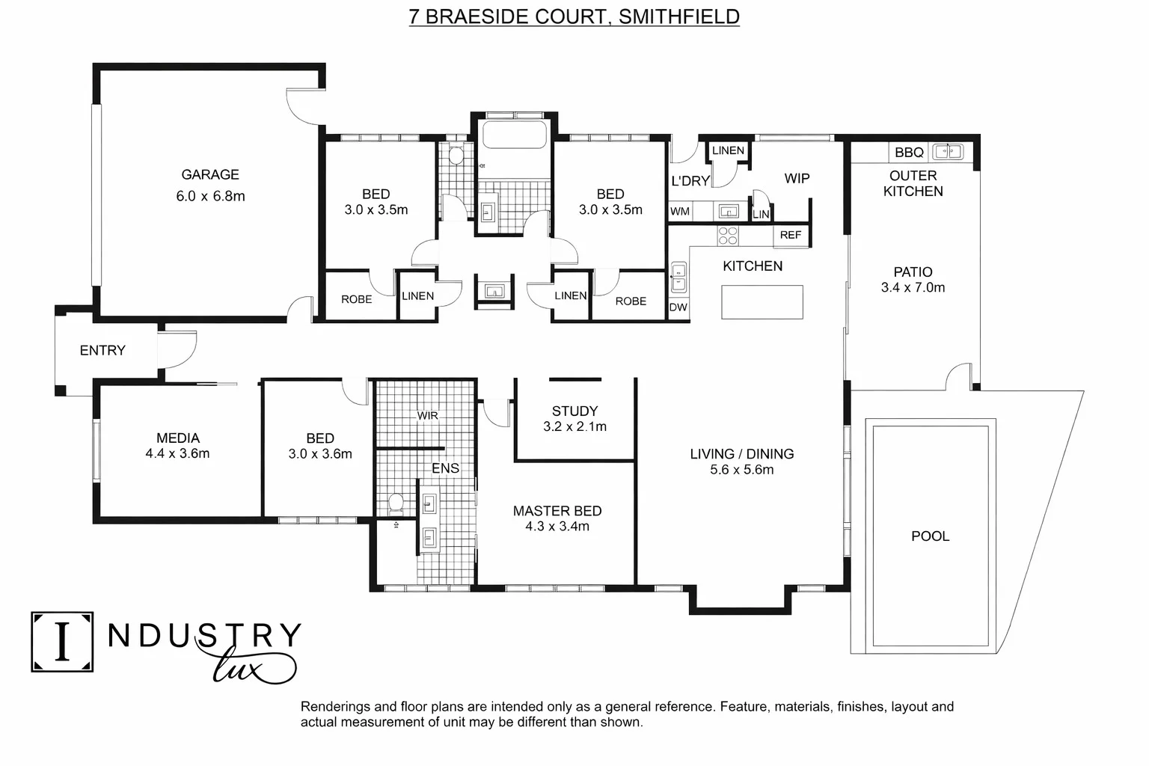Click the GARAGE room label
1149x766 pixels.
[210, 174]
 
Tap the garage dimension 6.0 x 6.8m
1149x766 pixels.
[210, 196]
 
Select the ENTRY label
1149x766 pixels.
[102, 350]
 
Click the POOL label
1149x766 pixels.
[930, 536]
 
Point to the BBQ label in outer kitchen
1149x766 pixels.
[909, 152]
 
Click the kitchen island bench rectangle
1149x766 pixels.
[762, 302]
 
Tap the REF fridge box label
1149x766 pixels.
[790, 235]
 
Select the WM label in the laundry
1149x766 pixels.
[679, 212]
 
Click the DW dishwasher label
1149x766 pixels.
[678, 307]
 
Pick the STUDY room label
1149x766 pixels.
[574, 411]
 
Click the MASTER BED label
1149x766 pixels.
[557, 511]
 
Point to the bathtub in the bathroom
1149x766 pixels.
[515, 135]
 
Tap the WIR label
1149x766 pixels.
[427, 415]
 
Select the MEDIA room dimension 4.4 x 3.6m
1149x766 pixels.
[177, 453]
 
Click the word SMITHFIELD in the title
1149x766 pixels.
[678, 16]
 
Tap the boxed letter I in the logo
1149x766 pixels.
[62, 642]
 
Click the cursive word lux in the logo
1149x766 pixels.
[247, 666]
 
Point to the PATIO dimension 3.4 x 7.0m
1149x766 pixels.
[913, 287]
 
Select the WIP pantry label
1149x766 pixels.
[796, 178]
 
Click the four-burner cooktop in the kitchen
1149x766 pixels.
[728, 236]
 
